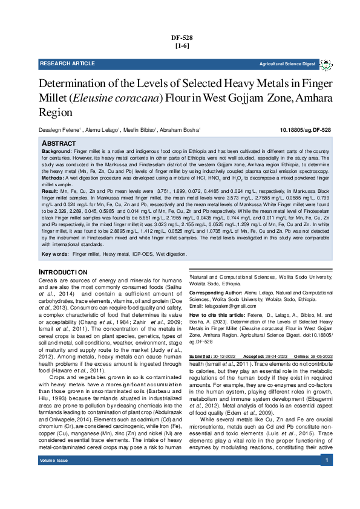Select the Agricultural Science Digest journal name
tap(287, 63)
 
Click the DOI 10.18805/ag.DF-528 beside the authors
tap(305, 130)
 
